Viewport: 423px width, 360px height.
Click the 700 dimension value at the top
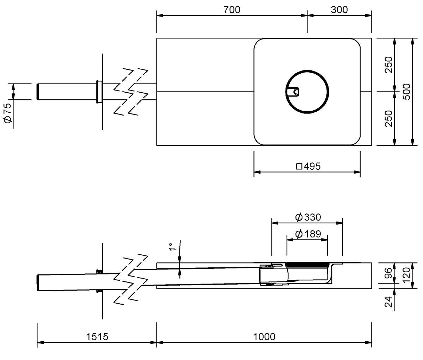[232, 10]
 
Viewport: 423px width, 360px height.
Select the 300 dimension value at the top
[339, 10]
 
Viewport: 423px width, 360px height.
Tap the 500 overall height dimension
[407, 92]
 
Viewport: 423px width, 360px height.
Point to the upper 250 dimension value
[388, 65]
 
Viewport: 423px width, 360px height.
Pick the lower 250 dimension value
[388, 119]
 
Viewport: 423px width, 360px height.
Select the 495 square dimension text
[312, 166]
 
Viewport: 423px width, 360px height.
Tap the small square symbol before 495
[299, 167]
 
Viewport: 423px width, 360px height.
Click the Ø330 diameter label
[308, 217]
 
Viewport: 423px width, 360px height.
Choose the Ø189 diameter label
[308, 234]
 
